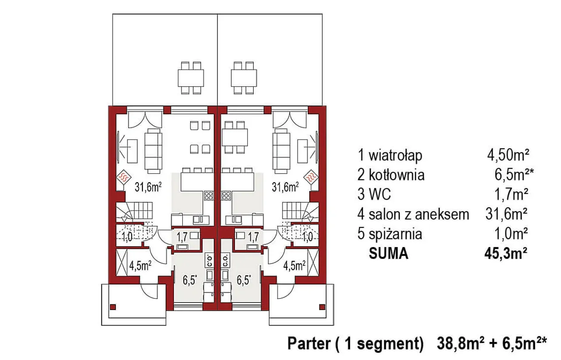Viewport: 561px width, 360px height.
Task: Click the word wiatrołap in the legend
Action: [x=395, y=155]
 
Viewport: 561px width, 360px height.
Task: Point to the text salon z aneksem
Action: [x=419, y=214]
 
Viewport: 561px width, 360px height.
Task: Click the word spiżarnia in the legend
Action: [x=395, y=234]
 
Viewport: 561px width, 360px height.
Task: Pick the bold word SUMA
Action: [x=389, y=254]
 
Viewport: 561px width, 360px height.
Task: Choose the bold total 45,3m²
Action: [x=506, y=253]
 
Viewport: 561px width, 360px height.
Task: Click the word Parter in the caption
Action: [x=309, y=344]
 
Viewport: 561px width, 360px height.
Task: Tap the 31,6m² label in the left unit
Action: [x=148, y=187]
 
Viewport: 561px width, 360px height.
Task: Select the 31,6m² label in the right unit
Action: [x=285, y=187]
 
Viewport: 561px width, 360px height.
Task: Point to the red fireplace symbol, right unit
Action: [x=311, y=177]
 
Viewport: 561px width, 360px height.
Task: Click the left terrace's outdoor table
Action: [x=191, y=78]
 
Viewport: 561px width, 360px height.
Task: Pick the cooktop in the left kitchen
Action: [x=209, y=195]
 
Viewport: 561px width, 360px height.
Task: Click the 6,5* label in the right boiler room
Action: [x=244, y=280]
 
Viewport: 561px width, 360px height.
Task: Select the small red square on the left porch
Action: [x=113, y=307]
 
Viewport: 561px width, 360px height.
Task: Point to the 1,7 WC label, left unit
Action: [x=182, y=237]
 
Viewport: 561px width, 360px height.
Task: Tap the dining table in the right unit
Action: [x=234, y=138]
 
